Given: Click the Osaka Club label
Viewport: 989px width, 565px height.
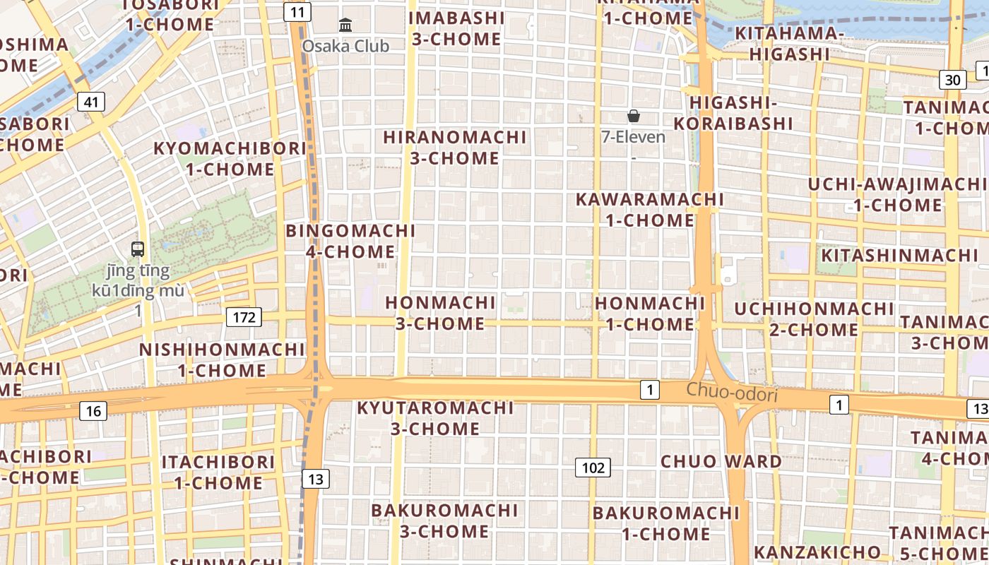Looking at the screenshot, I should tap(345, 46).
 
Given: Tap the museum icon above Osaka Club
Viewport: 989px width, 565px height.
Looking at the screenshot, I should tap(345, 25).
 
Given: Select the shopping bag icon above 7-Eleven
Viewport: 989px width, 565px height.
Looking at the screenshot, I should tap(633, 116).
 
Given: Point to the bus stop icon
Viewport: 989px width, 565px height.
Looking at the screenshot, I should tap(138, 249).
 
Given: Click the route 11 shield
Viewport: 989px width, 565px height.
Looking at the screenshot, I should tap(298, 11).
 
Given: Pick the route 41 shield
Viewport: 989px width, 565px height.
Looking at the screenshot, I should tap(91, 102).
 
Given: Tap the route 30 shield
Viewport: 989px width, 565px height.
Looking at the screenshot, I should tap(952, 80).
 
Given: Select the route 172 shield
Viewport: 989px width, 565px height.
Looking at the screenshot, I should tap(244, 317).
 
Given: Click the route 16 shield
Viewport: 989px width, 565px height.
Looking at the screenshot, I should tap(93, 410).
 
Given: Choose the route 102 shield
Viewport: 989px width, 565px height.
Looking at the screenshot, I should tap(593, 468).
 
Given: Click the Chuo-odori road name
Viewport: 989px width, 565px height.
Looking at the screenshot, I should tap(732, 393).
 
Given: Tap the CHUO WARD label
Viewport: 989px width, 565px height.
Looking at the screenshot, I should tap(721, 461).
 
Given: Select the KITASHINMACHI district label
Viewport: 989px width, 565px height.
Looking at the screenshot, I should tap(899, 255).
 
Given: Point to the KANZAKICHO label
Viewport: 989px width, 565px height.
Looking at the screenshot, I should tap(817, 552).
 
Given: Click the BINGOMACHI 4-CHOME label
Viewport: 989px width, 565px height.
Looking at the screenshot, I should tap(350, 241).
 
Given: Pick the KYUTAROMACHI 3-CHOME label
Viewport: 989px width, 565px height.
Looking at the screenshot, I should tap(435, 418).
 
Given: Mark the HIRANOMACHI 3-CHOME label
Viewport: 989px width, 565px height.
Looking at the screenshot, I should tap(455, 148).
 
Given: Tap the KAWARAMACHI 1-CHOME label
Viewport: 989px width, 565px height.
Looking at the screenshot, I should tap(650, 210).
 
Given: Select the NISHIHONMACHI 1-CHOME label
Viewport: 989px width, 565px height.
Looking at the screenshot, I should tap(222, 360).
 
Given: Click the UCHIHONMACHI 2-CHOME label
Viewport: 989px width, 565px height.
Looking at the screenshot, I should tap(814, 319).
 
